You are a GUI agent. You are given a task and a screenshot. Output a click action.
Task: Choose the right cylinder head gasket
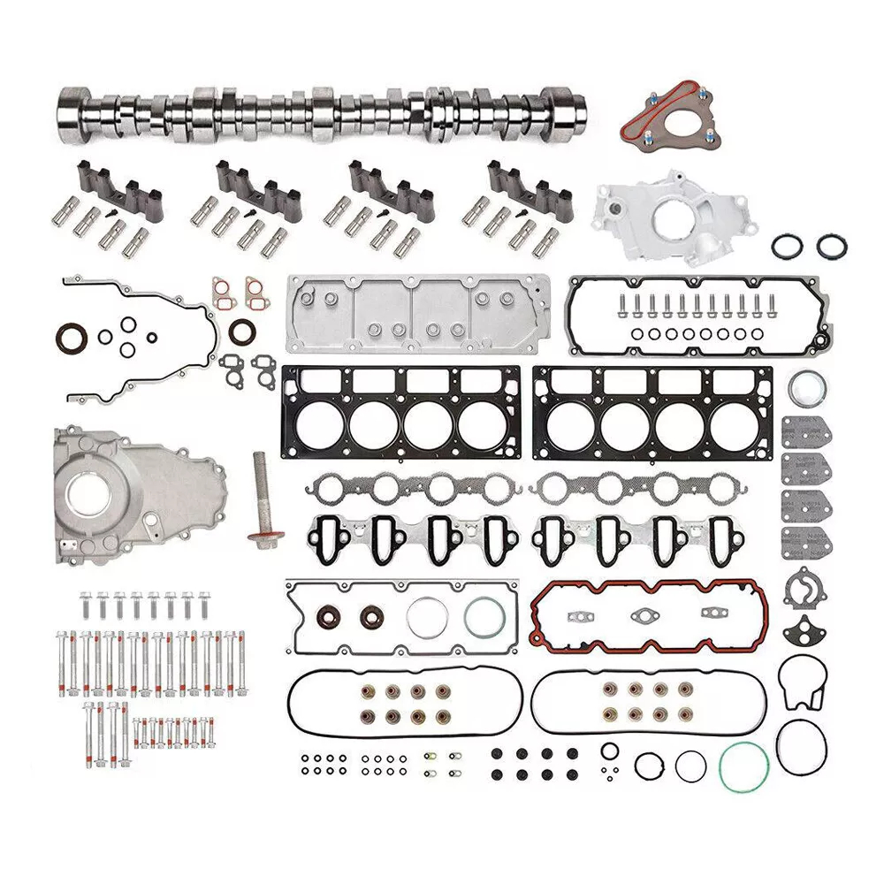pyautogui.click(x=652, y=412)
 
